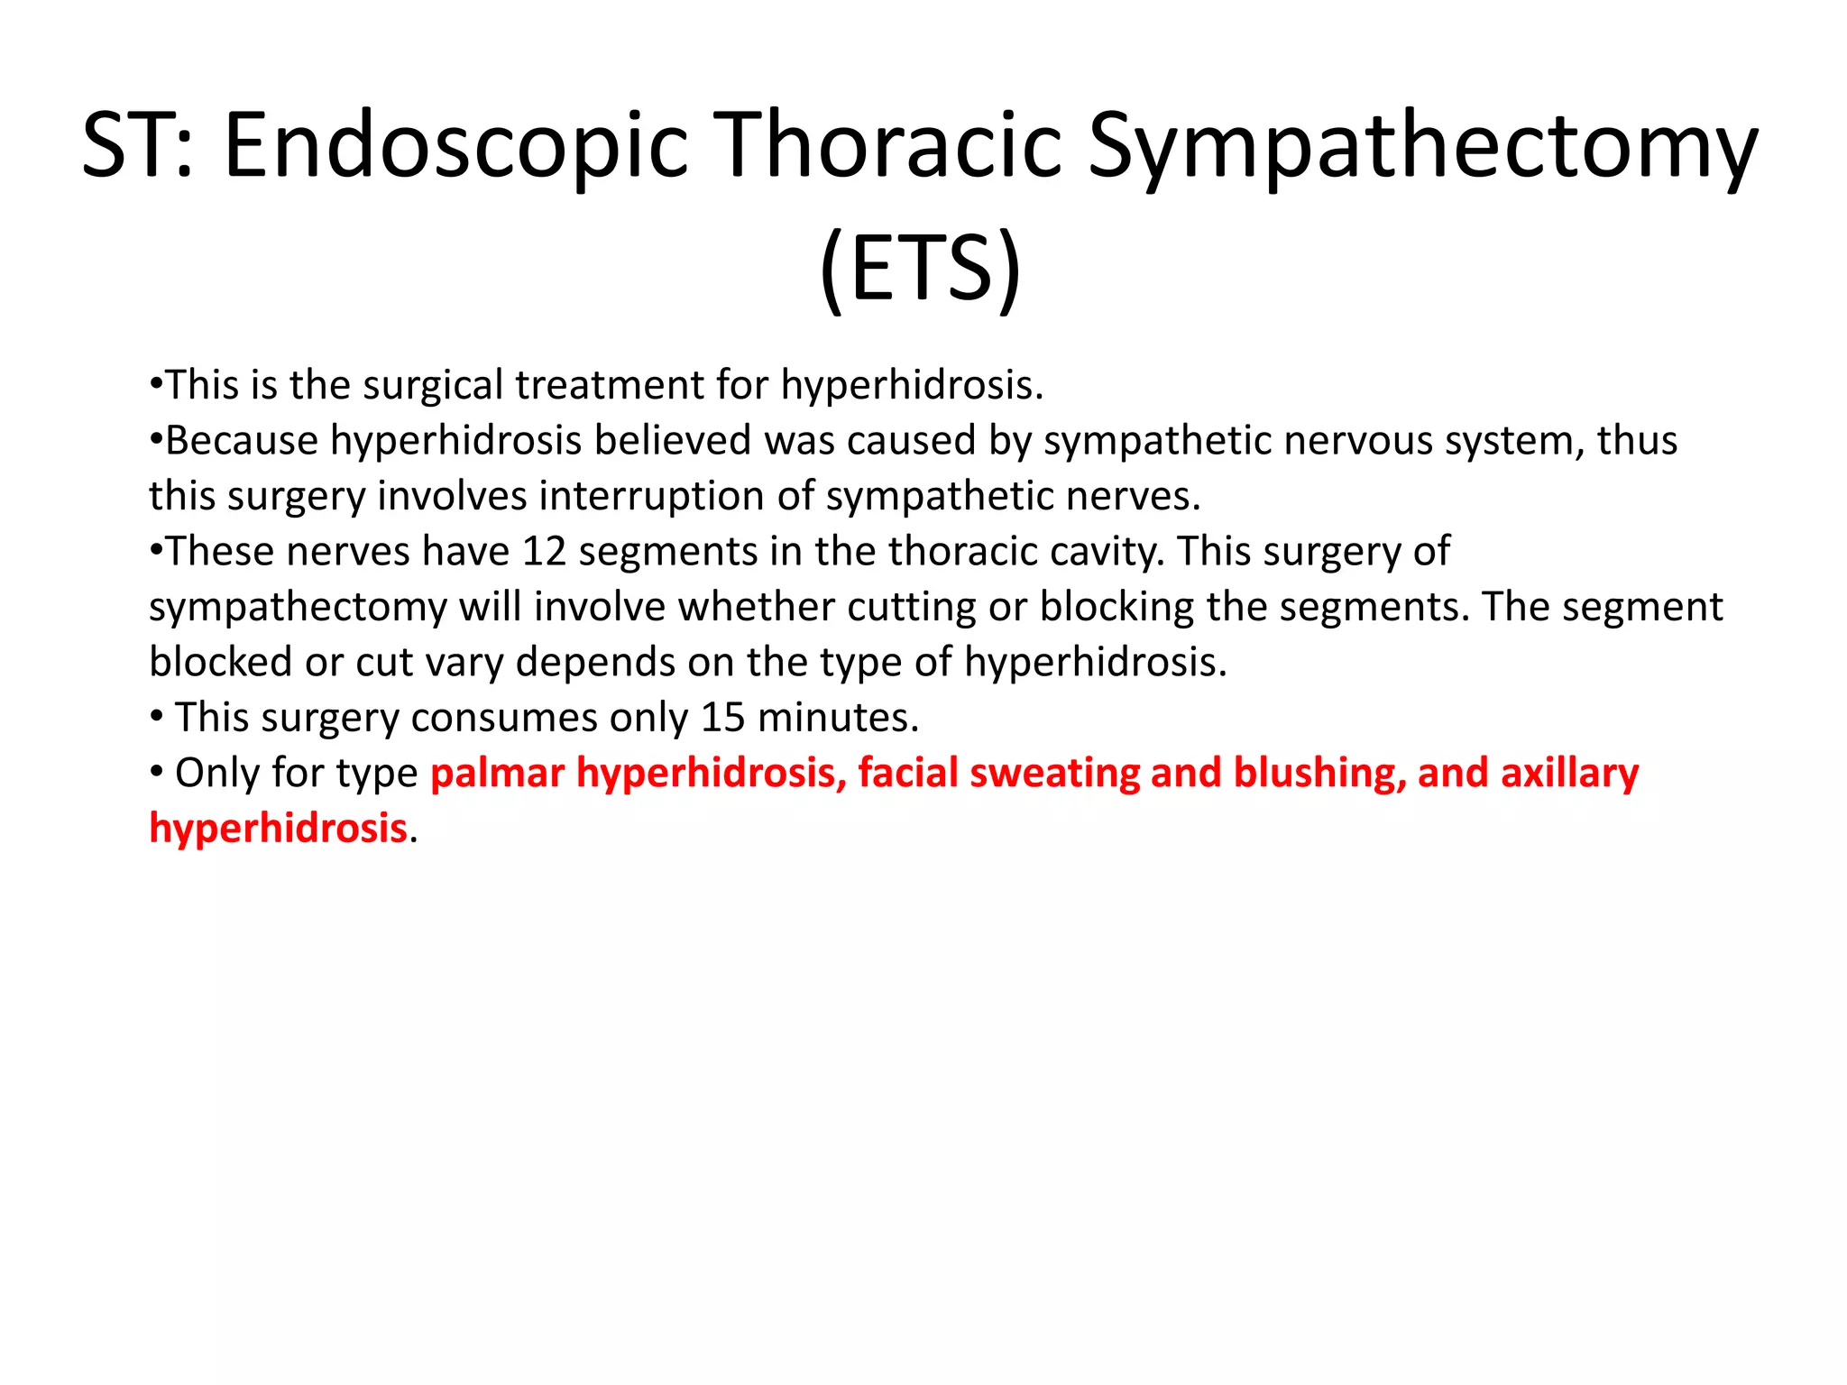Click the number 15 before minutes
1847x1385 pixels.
(x=723, y=718)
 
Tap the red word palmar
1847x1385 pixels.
(x=497, y=774)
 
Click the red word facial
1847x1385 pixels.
(x=907, y=774)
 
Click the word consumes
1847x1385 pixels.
(x=504, y=718)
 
